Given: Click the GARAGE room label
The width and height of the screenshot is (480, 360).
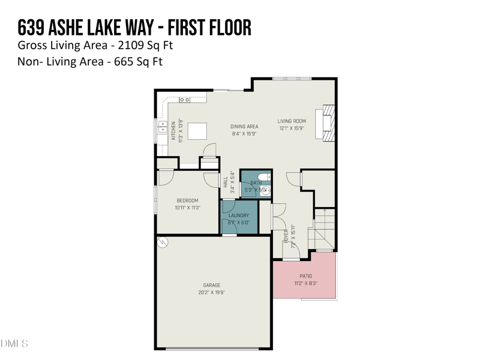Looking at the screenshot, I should [x=211, y=285].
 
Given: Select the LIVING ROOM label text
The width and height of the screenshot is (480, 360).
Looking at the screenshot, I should [x=292, y=121].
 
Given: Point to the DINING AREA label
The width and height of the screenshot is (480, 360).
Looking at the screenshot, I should [x=244, y=127].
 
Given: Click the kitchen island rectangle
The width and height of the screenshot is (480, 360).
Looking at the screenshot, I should [x=197, y=131].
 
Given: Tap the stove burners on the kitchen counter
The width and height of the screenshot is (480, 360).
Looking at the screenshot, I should [x=185, y=99].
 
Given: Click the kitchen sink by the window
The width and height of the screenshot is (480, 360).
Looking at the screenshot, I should [x=163, y=127].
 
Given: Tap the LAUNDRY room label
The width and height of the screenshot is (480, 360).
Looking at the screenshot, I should [x=238, y=215].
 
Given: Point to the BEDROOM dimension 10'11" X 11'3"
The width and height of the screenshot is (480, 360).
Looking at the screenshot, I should [x=187, y=208].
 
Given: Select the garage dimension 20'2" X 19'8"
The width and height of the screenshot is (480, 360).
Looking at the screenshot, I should [x=211, y=292].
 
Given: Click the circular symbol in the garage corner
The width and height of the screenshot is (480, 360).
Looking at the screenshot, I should [x=162, y=242].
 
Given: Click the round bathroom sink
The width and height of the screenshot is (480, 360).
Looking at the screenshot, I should [x=265, y=191].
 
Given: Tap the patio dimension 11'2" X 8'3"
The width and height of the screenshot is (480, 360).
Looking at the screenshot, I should [x=305, y=283].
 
